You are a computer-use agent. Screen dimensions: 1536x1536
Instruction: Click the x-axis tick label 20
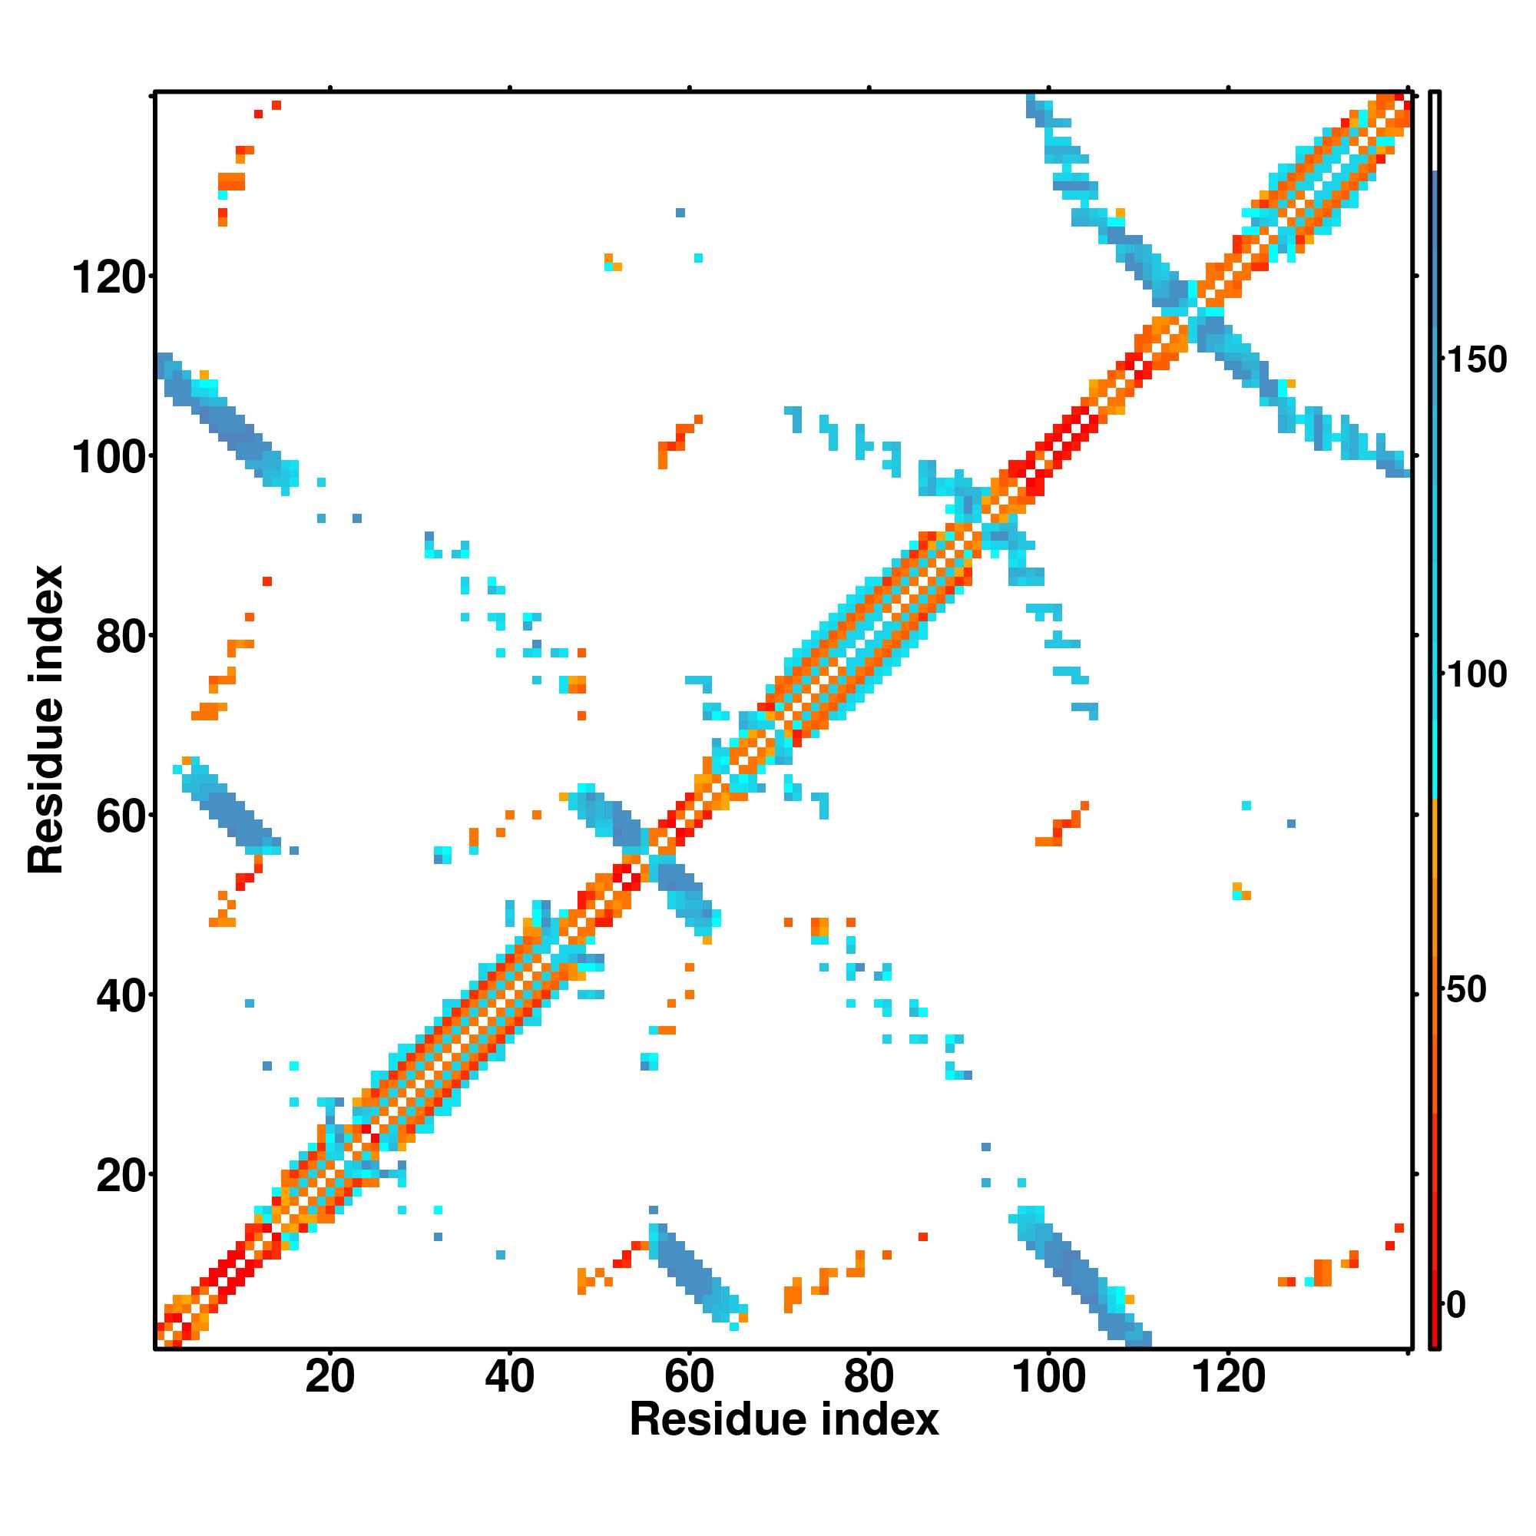pyautogui.click(x=329, y=1376)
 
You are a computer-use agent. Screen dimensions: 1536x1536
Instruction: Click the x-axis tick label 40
pyautogui.click(x=509, y=1376)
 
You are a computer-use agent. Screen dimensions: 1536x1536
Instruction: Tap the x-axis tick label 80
pyautogui.click(x=868, y=1376)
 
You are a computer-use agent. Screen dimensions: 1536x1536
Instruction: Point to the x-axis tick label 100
pyautogui.click(x=1048, y=1376)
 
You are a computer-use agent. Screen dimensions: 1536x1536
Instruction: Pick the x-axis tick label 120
pyautogui.click(x=1227, y=1376)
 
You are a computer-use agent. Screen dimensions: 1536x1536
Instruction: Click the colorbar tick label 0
pyautogui.click(x=1455, y=1305)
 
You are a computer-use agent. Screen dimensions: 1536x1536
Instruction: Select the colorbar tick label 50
pyautogui.click(x=1466, y=990)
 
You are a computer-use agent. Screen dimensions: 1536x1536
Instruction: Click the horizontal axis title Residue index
pyautogui.click(x=784, y=1420)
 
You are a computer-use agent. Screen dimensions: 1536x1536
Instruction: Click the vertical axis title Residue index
pyautogui.click(x=45, y=720)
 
